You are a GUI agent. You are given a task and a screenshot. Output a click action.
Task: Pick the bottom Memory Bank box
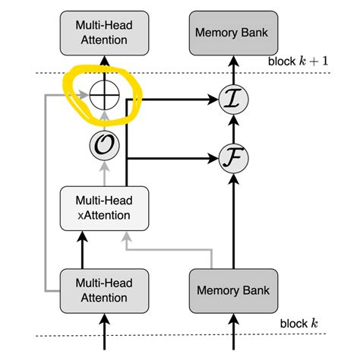click(x=232, y=290)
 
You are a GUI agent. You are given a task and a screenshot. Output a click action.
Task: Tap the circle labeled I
click(x=232, y=97)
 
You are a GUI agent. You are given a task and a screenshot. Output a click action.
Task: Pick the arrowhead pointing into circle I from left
click(x=214, y=97)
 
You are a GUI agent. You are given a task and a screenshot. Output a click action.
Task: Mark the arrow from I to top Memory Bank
click(x=232, y=70)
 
